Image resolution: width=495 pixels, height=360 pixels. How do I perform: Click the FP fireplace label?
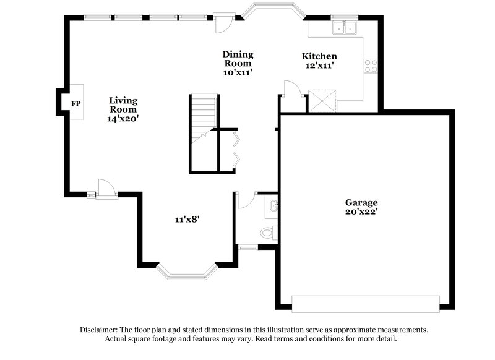pyautogui.click(x=75, y=103)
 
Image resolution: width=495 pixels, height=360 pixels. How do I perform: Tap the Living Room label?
pyautogui.click(x=123, y=105)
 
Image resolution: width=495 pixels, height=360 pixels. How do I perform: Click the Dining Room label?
pyautogui.click(x=238, y=59)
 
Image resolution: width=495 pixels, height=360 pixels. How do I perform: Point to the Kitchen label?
pyautogui.click(x=319, y=56)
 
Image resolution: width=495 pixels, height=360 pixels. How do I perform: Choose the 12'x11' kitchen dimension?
pyautogui.click(x=319, y=66)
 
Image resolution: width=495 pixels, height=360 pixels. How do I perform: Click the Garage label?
pyautogui.click(x=361, y=202)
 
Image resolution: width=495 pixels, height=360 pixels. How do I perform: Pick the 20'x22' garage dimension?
pyautogui.click(x=361, y=212)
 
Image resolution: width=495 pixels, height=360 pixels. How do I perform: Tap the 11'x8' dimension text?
pyautogui.click(x=186, y=218)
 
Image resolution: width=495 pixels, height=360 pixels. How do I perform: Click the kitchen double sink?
pyautogui.click(x=344, y=27)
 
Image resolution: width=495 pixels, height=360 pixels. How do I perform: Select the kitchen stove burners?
pyautogui.click(x=371, y=66)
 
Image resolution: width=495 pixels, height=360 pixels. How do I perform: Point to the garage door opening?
pyautogui.click(x=365, y=304)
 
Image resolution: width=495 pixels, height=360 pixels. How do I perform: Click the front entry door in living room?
pyautogui.click(x=105, y=188)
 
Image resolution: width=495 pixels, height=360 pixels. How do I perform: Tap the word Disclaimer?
pyautogui.click(x=101, y=330)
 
